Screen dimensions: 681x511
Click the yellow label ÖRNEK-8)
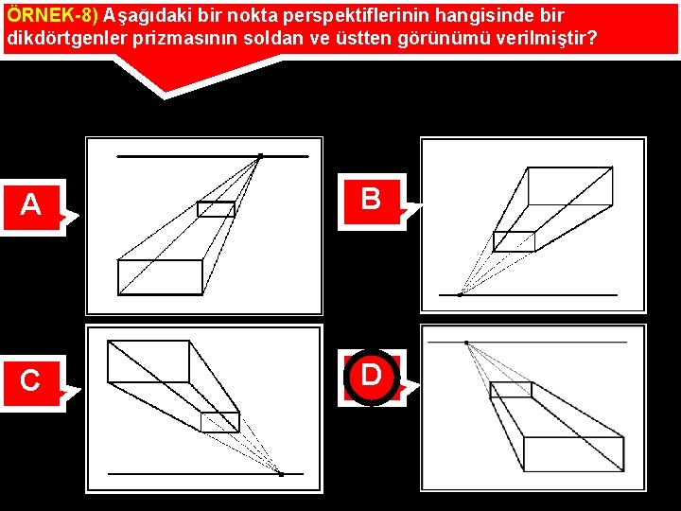tap(53, 16)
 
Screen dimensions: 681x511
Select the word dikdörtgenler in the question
tap(67, 38)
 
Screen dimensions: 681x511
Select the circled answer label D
tap(372, 378)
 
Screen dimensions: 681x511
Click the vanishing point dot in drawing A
tap(261, 156)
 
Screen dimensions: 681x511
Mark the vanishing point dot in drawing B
tap(460, 295)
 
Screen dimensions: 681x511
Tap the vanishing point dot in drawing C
tap(282, 474)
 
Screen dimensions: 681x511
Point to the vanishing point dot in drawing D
tap(466, 343)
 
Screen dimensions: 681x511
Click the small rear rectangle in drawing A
tap(217, 209)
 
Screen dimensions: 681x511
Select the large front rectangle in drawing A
tap(160, 277)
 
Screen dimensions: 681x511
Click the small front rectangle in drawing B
tap(515, 241)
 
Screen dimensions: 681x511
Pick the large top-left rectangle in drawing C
tap(148, 361)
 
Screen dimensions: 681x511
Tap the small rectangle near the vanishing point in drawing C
tap(220, 422)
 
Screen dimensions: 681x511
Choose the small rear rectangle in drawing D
tap(511, 390)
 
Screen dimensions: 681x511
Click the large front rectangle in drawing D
tap(574, 454)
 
